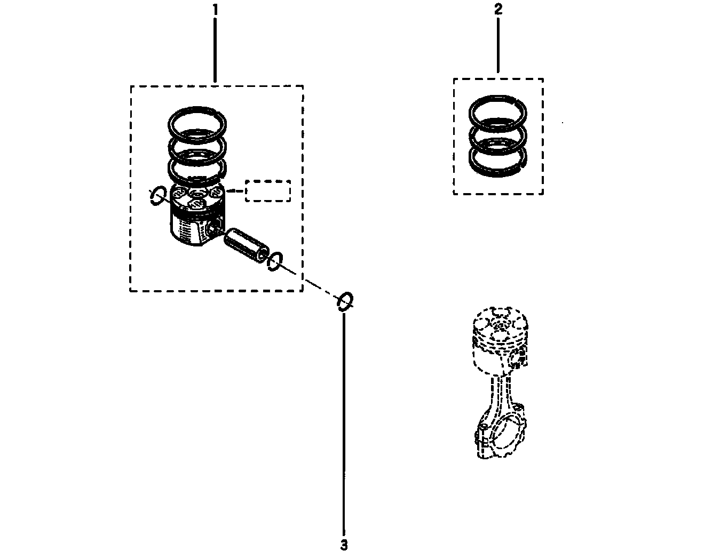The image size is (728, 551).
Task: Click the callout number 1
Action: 215,10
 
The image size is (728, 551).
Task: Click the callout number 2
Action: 498,9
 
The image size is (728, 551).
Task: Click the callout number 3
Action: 344,545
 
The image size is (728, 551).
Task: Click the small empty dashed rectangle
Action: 268,181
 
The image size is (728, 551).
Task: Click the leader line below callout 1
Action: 215,50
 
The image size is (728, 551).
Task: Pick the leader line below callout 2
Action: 498,45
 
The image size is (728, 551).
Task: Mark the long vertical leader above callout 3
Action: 344,424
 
